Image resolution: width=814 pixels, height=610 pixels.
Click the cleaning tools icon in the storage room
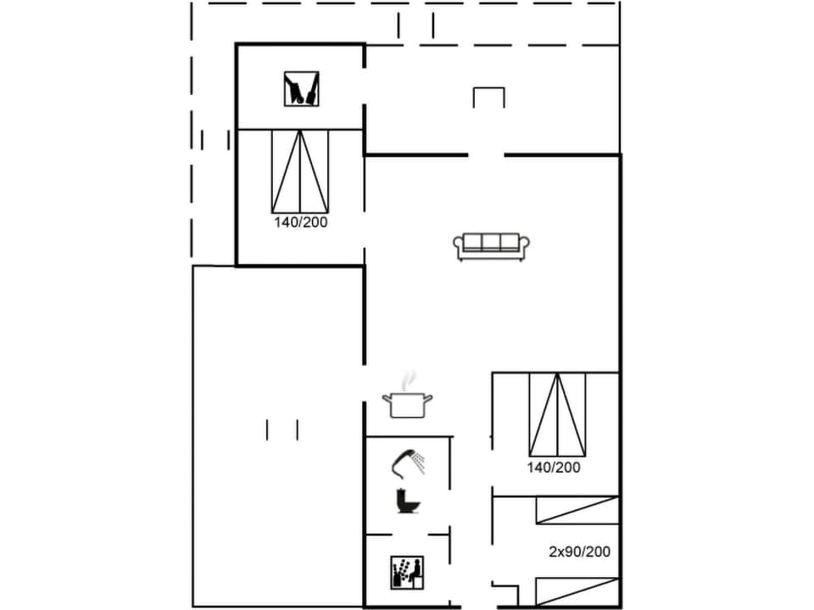pyautogui.click(x=301, y=88)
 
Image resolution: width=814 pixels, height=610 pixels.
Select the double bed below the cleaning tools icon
pyautogui.click(x=300, y=171)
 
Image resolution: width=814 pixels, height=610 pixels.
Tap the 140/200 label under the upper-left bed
pyautogui.click(x=300, y=222)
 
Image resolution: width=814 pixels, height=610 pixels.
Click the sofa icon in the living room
pyautogui.click(x=492, y=246)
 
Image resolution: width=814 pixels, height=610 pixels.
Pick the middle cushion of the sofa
pyautogui.click(x=492, y=243)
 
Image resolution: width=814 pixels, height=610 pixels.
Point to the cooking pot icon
pyautogui.click(x=408, y=403)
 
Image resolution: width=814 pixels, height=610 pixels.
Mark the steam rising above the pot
pyautogui.click(x=410, y=378)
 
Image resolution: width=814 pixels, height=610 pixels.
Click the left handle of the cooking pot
pyautogui.click(x=387, y=398)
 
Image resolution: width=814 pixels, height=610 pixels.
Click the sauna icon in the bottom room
pyautogui.click(x=406, y=572)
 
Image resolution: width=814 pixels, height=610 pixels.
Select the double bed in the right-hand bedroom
pyautogui.click(x=557, y=413)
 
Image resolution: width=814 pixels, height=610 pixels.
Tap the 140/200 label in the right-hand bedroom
pyautogui.click(x=555, y=467)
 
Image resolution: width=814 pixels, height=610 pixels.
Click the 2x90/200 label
pyautogui.click(x=579, y=552)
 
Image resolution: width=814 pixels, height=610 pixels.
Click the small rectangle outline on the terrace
pyautogui.click(x=488, y=97)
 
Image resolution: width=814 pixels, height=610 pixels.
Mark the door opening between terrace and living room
pyautogui.click(x=486, y=155)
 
